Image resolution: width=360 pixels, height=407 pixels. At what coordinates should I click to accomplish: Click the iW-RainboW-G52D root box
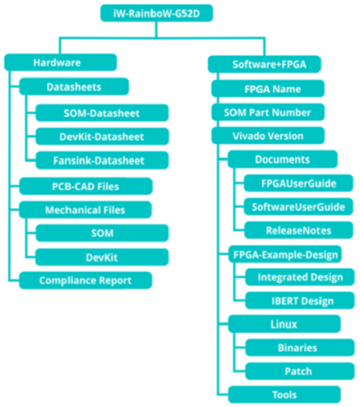click(156, 13)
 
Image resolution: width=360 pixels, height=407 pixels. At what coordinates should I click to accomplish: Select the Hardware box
click(60, 62)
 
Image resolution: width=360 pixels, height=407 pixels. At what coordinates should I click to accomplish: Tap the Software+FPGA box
click(265, 64)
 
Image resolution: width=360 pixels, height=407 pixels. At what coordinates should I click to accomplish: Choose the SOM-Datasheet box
click(102, 113)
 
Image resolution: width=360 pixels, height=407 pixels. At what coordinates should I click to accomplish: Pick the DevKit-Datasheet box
click(102, 136)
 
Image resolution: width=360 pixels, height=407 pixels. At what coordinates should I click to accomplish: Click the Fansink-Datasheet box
click(102, 160)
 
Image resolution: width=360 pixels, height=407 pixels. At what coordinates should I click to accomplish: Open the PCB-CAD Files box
click(85, 187)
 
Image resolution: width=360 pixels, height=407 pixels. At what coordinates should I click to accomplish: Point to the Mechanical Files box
click(85, 210)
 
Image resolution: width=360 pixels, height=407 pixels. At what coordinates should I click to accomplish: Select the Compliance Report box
click(85, 280)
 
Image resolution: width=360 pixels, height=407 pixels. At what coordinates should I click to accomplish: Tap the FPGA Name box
click(268, 89)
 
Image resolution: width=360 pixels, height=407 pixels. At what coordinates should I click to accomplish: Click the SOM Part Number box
click(268, 113)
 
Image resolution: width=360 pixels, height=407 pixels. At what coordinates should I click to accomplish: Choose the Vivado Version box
click(268, 136)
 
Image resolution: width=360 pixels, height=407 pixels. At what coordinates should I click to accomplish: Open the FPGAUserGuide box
click(298, 183)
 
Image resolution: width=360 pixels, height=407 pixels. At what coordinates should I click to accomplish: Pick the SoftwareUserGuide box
click(298, 206)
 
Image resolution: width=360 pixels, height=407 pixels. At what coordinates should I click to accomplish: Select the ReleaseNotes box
click(298, 230)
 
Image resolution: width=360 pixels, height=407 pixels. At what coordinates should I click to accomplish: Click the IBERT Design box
click(300, 301)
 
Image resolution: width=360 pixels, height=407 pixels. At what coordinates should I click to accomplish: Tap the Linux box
click(284, 324)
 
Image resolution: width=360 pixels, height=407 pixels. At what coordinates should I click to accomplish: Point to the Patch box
click(300, 371)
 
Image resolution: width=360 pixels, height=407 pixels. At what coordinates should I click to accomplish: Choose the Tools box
click(284, 395)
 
